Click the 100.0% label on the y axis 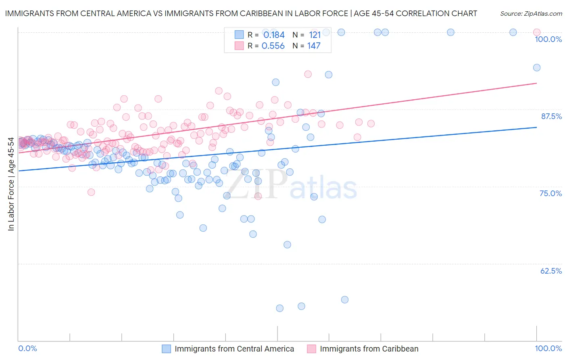coord(548,39)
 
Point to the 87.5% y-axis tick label coord(551,116)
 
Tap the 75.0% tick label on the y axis coord(550,193)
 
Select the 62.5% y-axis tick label coord(551,271)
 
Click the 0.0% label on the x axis coord(27,348)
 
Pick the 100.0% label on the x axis coord(548,348)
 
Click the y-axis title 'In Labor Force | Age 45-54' coord(11,184)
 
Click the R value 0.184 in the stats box coord(274,35)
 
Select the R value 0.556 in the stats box coord(273,46)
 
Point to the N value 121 coord(315,35)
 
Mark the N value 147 coord(314,46)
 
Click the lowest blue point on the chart coord(279,308)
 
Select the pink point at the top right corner coord(537,32)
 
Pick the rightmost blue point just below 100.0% coord(537,67)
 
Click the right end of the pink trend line coord(537,83)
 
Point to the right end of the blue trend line coord(537,127)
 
